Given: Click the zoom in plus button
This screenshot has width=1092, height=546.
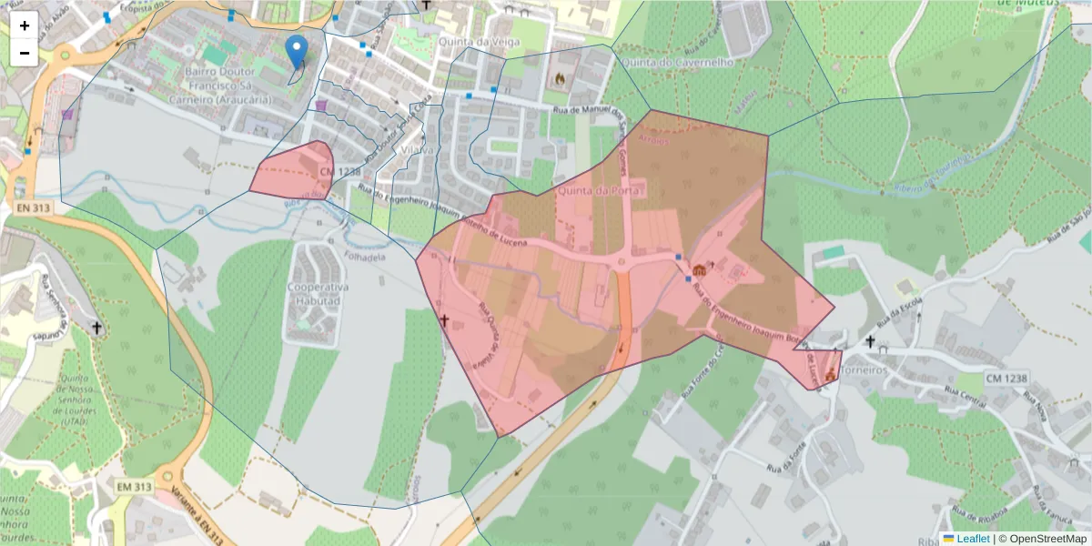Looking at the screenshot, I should click(25, 25).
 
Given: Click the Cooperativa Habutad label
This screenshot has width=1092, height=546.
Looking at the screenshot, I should click(314, 294).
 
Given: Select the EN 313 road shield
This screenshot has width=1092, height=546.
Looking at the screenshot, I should click(33, 208).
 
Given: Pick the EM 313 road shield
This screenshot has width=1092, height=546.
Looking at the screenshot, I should click(134, 488).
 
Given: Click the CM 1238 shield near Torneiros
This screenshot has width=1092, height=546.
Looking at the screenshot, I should click(1006, 377).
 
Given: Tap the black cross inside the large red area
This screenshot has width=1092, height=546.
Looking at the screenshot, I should click(444, 320).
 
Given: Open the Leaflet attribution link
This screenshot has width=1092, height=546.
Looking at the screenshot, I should click(972, 539).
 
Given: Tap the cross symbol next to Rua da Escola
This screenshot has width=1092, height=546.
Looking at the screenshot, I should click(870, 342).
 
